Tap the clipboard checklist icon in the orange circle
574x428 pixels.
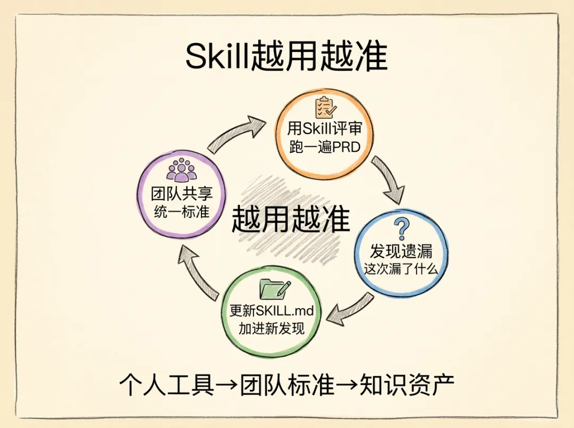coord(324,108)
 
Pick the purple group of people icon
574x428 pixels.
coord(182,169)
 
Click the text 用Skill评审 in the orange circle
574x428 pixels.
coord(324,130)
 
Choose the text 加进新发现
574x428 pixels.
coord(272,328)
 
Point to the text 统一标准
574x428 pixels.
coord(182,211)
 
